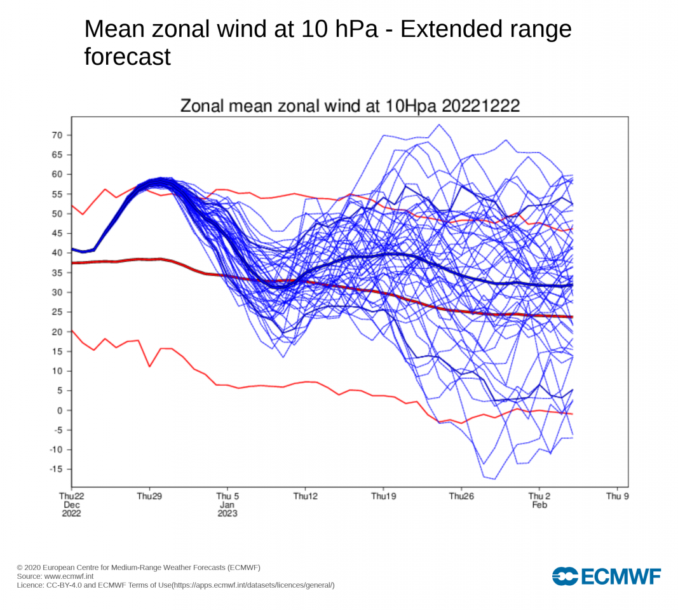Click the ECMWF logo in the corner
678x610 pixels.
click(606, 576)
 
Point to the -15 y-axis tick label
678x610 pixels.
click(57, 469)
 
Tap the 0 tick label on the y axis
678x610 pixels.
click(61, 410)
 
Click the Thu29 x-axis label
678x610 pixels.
click(149, 496)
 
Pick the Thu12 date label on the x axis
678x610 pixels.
click(305, 496)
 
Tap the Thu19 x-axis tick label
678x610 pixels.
click(383, 496)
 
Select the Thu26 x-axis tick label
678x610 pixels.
click(461, 496)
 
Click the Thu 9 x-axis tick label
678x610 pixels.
click(617, 496)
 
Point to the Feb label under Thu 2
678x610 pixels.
click(539, 505)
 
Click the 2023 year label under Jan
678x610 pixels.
click(227, 513)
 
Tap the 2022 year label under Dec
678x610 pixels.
click(71, 513)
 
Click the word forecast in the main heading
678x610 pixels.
click(128, 57)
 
